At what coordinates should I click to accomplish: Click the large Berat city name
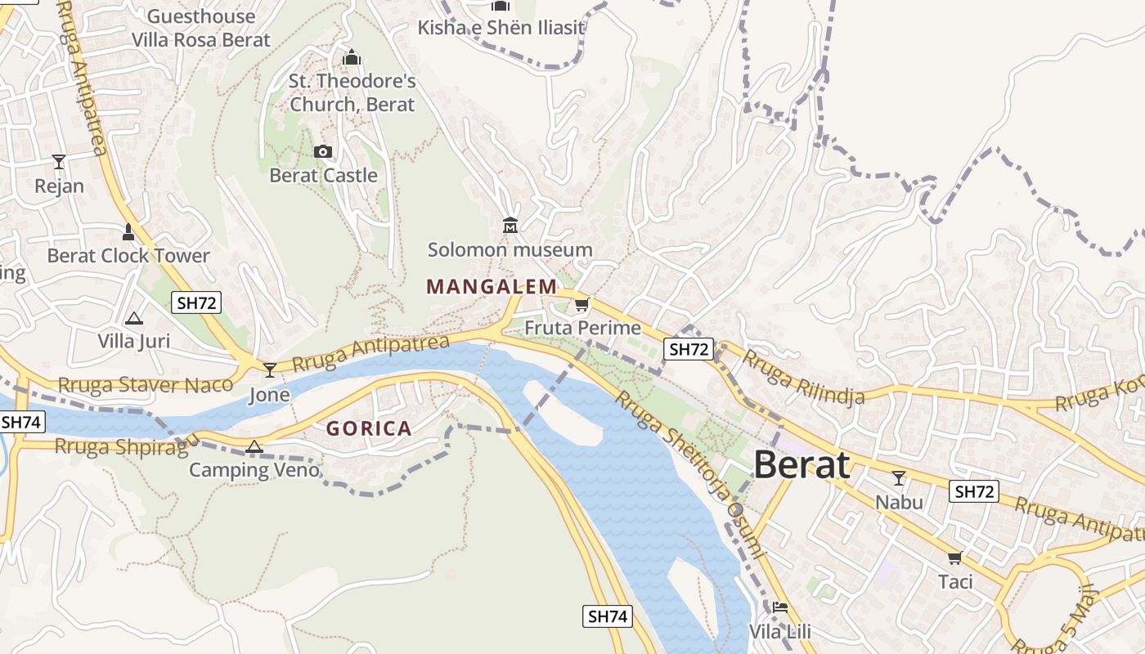pyautogui.click(x=801, y=465)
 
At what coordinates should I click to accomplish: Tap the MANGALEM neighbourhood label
pyautogui.click(x=492, y=287)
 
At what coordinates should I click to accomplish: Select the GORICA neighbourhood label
pyautogui.click(x=369, y=428)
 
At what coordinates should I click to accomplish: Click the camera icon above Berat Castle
pyautogui.click(x=323, y=151)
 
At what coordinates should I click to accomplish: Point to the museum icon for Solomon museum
pyautogui.click(x=510, y=225)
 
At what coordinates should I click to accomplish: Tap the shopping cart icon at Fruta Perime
pyautogui.click(x=581, y=305)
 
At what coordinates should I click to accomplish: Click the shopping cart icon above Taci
pyautogui.click(x=954, y=558)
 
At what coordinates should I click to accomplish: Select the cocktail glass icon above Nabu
pyautogui.click(x=899, y=478)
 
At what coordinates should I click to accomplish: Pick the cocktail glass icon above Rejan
pyautogui.click(x=59, y=161)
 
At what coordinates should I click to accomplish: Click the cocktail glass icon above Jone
pyautogui.click(x=269, y=370)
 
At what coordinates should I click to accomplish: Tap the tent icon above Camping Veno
pyautogui.click(x=254, y=446)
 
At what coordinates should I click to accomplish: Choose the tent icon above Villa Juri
pyautogui.click(x=134, y=317)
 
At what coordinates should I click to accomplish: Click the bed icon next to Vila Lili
pyautogui.click(x=779, y=607)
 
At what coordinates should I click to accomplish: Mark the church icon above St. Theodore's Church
pyautogui.click(x=352, y=57)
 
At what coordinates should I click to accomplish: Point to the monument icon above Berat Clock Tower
pyautogui.click(x=128, y=231)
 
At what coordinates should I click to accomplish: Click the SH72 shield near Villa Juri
pyautogui.click(x=197, y=302)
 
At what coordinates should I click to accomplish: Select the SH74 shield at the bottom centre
pyautogui.click(x=608, y=616)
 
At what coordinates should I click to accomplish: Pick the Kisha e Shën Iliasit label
pyautogui.click(x=501, y=28)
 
